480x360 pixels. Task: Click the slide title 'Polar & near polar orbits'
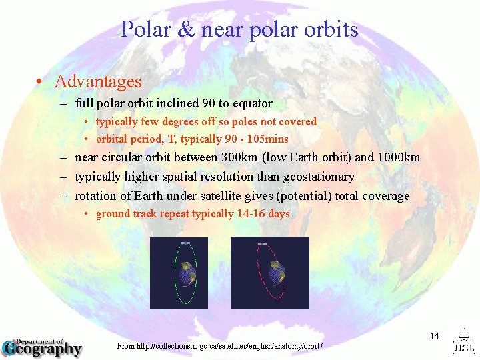point(239,29)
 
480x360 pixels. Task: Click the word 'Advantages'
point(98,82)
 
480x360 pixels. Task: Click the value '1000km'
point(398,157)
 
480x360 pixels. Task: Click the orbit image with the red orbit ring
point(269,272)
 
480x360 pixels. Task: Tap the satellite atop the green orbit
point(185,243)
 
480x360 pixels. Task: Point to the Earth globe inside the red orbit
point(275,273)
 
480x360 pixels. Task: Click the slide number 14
point(434,336)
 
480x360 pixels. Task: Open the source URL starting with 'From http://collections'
point(219,346)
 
